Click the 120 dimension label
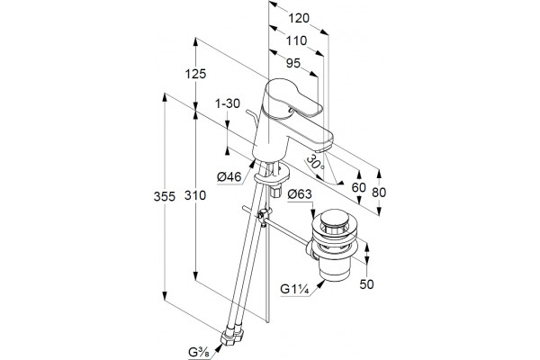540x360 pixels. click(x=299, y=18)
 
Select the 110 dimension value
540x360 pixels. click(x=296, y=40)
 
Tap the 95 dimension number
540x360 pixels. click(x=293, y=63)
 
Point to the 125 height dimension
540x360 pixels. click(x=195, y=74)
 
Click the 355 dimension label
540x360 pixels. click(x=165, y=197)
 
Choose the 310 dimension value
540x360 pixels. click(x=195, y=195)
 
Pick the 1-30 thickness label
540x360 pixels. click(x=228, y=103)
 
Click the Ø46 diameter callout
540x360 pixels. click(x=229, y=177)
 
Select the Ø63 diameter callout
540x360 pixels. click(x=300, y=194)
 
